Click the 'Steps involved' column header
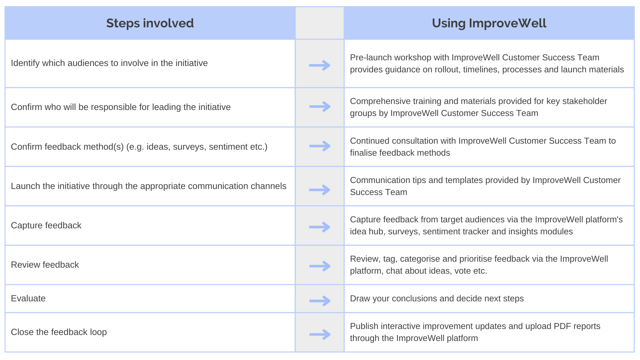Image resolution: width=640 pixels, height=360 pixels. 150,23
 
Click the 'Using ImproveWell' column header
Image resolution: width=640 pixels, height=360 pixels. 489,23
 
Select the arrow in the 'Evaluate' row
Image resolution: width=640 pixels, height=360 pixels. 320,301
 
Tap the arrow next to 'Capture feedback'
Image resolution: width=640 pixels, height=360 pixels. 320,227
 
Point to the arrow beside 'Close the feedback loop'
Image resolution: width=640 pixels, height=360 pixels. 320,334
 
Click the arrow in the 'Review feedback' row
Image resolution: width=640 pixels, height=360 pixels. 320,266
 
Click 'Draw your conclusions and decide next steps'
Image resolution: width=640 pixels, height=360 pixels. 437,298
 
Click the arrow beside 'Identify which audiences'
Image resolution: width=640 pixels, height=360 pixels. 320,65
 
